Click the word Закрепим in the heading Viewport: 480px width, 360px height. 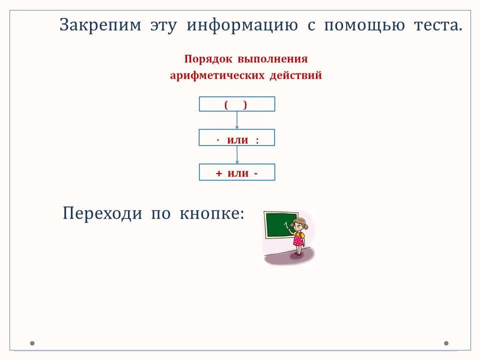pos(100,25)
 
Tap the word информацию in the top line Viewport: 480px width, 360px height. pos(242,25)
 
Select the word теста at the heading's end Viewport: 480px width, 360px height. pos(438,25)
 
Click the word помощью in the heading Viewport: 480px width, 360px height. pos(364,25)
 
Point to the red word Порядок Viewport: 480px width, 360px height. pos(208,59)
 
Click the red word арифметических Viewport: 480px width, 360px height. pos(217,75)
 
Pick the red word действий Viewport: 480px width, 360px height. pos(295,75)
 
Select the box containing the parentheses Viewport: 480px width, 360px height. pos(237,104)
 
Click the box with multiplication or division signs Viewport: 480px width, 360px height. pos(236,138)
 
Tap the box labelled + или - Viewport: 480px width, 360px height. pos(237,172)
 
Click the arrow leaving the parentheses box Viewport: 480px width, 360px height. pos(236,120)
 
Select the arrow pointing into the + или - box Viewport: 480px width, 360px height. pos(236,155)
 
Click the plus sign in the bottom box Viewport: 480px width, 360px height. pos(218,173)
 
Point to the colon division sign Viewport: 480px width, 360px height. pos(257,140)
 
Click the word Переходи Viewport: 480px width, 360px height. pos(102,213)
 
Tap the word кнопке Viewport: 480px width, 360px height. pos(212,213)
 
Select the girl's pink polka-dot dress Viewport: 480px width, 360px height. pos(298,239)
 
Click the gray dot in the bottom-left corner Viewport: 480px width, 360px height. pos(32,343)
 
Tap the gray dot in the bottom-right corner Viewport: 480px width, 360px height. pos(446,343)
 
